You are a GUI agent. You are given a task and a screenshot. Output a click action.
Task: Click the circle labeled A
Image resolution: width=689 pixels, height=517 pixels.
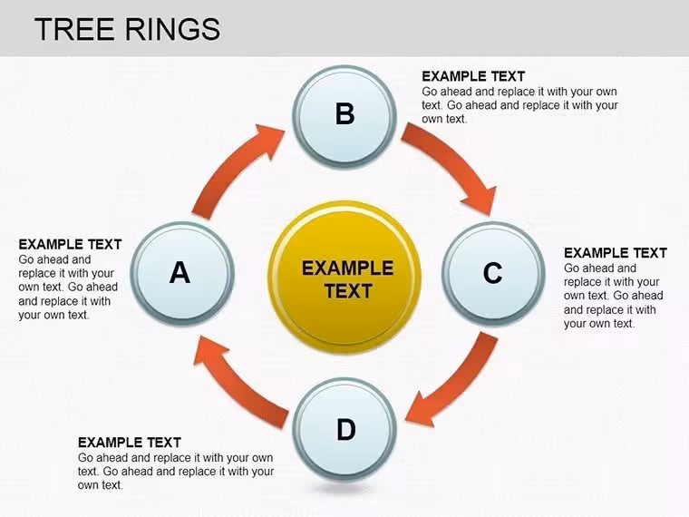(182, 273)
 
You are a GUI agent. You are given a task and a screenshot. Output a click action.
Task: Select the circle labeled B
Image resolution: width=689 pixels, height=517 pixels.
(344, 116)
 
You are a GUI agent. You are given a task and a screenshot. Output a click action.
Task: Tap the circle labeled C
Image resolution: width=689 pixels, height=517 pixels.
(493, 273)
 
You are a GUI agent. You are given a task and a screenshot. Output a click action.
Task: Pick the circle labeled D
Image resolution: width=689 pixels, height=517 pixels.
(344, 430)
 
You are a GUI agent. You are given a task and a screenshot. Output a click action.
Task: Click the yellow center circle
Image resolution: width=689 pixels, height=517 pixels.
(344, 277)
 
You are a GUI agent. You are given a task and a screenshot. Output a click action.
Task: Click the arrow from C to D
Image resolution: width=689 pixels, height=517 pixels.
(457, 383)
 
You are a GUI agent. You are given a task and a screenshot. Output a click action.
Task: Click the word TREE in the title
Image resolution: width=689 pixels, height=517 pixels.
(73, 29)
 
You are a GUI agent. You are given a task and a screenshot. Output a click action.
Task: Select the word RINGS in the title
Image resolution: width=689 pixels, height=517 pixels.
(172, 29)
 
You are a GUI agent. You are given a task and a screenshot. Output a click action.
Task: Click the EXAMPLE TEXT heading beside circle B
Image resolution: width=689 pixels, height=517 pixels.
(473, 76)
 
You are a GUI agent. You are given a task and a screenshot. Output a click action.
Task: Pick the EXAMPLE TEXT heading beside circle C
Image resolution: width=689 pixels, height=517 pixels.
(616, 253)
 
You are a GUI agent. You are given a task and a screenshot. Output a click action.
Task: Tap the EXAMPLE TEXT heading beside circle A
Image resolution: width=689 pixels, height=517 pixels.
(70, 244)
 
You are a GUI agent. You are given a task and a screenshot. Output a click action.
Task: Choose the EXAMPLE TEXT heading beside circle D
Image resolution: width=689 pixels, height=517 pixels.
(129, 443)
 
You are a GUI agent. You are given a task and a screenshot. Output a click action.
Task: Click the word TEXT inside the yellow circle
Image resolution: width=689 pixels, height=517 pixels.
(348, 291)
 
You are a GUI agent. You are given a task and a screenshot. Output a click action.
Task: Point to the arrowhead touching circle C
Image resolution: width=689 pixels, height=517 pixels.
(480, 200)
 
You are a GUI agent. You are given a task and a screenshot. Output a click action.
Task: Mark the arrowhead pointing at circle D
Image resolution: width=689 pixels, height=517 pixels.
(421, 409)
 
